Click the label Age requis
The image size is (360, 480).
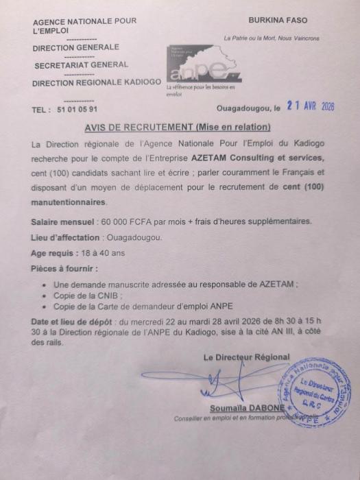pos(56,253)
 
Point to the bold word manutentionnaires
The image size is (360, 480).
pos(69,203)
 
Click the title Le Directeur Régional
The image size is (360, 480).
pos(247,357)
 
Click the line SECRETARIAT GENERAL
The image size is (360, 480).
pos(80,65)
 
